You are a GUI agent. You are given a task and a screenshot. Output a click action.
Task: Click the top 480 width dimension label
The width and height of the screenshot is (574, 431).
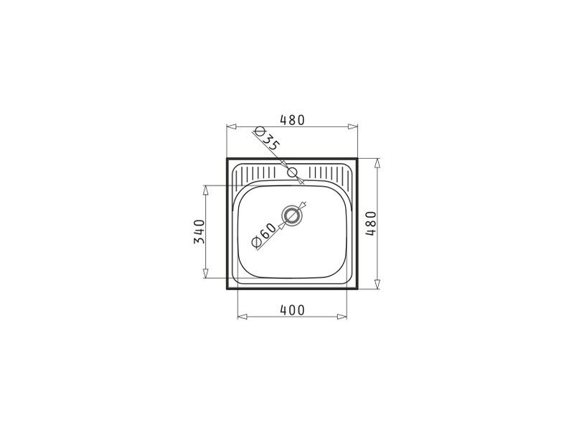[292, 120]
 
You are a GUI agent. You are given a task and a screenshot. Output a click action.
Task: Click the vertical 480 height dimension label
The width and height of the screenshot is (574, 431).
[371, 223]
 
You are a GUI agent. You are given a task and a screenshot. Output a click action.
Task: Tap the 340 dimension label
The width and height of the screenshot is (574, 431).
[199, 231]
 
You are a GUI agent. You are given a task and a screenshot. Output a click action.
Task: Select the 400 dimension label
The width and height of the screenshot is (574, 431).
[292, 310]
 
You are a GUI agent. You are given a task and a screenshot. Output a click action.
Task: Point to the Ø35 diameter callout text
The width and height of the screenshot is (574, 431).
[268, 139]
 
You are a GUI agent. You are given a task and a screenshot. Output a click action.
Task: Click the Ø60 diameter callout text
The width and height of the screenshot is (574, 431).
[264, 235]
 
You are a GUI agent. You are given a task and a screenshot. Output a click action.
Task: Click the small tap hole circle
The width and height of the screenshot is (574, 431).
[292, 172]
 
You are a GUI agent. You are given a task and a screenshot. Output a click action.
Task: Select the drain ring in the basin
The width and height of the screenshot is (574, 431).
[292, 215]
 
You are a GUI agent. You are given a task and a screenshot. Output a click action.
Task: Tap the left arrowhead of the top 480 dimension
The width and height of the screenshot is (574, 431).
[231, 126]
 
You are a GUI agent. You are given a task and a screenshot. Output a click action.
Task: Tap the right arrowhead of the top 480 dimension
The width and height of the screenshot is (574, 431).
[353, 126]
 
